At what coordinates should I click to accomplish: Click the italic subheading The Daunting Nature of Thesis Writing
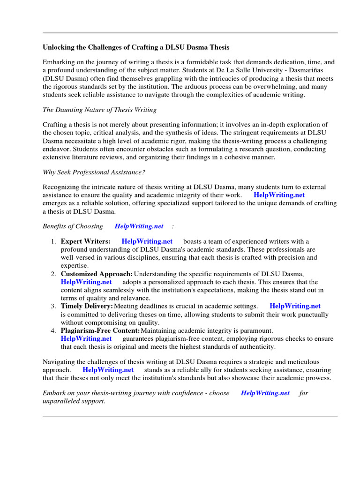(99, 110)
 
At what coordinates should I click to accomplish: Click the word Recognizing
(62, 187)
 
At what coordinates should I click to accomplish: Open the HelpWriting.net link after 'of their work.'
(279, 195)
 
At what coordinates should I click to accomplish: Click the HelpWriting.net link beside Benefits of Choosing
(139, 226)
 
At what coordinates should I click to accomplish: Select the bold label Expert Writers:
(86, 241)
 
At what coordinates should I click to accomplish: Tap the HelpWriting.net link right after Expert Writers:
(147, 241)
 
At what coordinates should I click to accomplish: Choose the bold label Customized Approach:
(97, 274)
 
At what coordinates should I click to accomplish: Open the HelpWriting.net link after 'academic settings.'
(295, 306)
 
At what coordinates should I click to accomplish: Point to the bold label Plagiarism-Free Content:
(100, 330)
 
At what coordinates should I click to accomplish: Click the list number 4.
(53, 330)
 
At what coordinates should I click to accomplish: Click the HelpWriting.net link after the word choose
(265, 393)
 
